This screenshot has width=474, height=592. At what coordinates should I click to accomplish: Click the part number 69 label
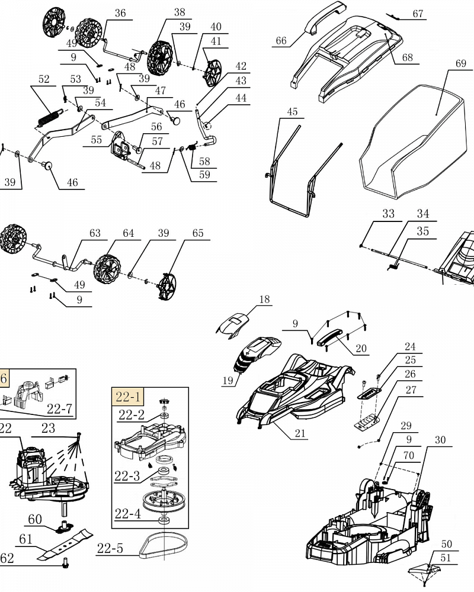(x=461, y=63)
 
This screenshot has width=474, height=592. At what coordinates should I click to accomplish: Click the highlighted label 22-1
(x=128, y=397)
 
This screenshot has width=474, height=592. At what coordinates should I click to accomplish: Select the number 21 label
(x=300, y=433)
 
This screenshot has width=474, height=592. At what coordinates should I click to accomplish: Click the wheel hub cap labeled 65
(x=167, y=287)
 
